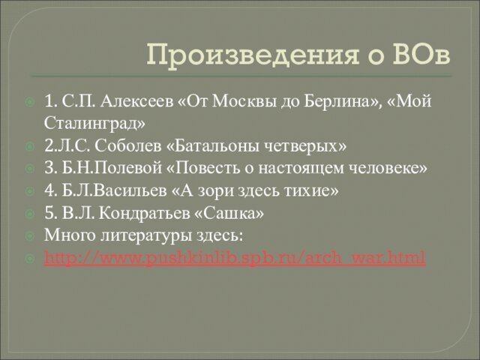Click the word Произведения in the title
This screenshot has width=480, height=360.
(x=252, y=55)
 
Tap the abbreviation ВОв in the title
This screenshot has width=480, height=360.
(x=421, y=54)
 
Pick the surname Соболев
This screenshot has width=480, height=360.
(x=127, y=146)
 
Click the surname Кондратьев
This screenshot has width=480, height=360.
(x=144, y=213)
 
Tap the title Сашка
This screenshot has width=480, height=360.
(x=229, y=213)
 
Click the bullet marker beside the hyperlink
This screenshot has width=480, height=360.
(x=30, y=259)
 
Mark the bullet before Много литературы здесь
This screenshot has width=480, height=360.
(x=30, y=236)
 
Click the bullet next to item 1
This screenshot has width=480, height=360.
(x=30, y=102)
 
